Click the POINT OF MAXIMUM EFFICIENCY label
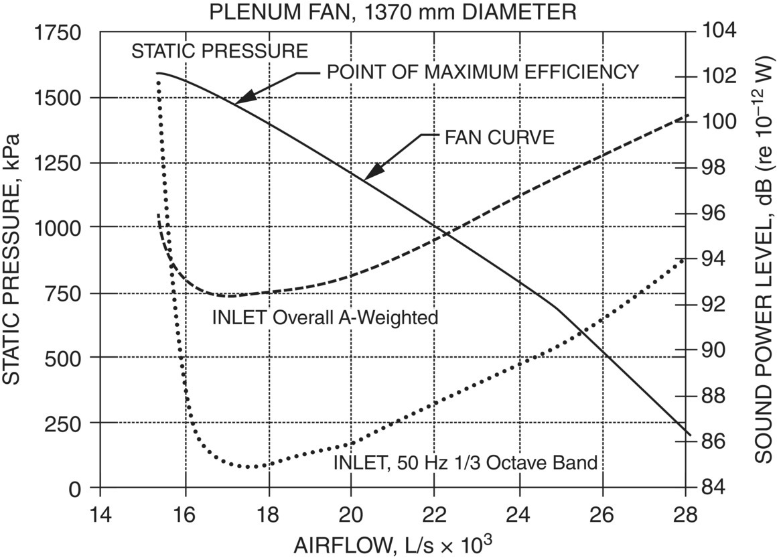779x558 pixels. [x=482, y=72]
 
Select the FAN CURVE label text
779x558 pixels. [x=499, y=138]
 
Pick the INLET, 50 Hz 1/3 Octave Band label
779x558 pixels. [x=465, y=462]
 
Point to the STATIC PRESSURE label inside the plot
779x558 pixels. [x=220, y=52]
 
